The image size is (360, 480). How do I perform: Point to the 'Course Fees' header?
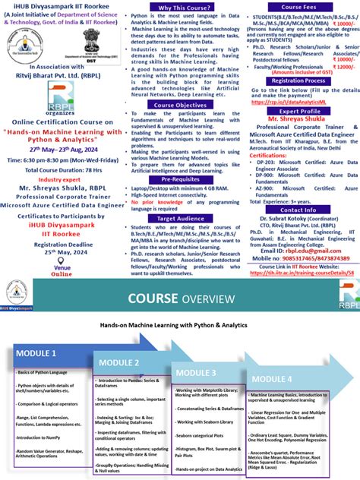click(x=298, y=7)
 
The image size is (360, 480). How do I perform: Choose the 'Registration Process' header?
click(x=298, y=80)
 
